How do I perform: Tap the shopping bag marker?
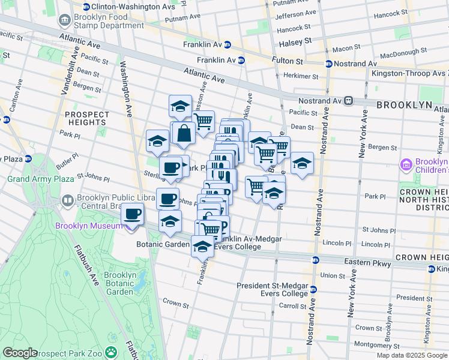pyautogui.click(x=184, y=133)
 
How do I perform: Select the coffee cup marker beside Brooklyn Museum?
pyautogui.click(x=133, y=214)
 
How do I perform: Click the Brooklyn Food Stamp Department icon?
pyautogui.click(x=64, y=21)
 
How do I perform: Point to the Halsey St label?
pyautogui.click(x=296, y=41)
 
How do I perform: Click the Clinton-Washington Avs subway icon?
pyautogui.click(x=86, y=7)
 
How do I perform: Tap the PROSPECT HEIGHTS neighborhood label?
pyautogui.click(x=87, y=118)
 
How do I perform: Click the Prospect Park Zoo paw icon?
pyautogui.click(x=111, y=352)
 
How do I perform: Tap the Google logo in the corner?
pyautogui.click(x=20, y=353)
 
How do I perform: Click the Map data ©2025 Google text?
pyautogui.click(x=412, y=355)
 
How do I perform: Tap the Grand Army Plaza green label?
pyautogui.click(x=35, y=179)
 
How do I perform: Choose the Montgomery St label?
pyautogui.click(x=377, y=346)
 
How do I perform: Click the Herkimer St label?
pyautogui.click(x=301, y=76)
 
